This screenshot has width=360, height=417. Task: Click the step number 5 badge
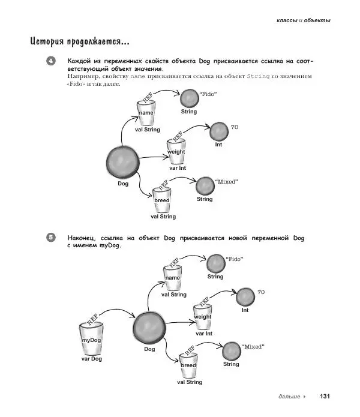51,238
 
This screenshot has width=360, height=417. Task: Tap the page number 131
325,397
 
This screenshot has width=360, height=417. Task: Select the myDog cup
92,340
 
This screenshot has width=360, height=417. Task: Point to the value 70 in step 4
235,128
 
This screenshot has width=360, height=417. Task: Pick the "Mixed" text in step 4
226,180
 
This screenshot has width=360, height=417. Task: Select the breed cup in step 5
188,364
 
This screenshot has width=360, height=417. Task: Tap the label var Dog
92,359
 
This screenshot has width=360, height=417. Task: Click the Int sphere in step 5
245,296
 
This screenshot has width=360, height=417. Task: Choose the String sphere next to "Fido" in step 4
189,98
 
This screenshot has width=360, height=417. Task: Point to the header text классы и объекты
303,20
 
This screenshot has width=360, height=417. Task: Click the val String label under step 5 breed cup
190,382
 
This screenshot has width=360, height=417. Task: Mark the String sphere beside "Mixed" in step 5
231,351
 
